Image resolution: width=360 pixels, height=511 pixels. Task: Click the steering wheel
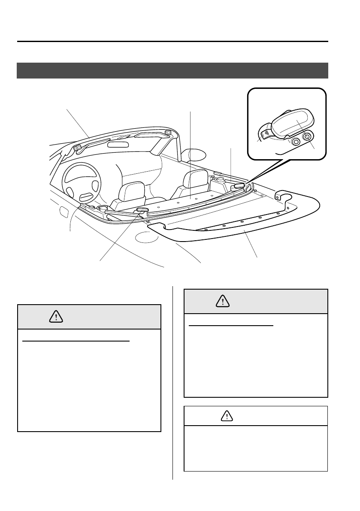click(82, 182)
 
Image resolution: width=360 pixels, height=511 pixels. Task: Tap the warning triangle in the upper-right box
click(223, 302)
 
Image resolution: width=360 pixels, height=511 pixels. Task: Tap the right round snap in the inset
click(307, 138)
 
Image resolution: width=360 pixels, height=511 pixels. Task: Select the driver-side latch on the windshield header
click(77, 148)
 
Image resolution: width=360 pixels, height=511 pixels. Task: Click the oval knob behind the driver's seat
click(142, 209)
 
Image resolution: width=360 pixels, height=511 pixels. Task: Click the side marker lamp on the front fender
click(63, 212)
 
